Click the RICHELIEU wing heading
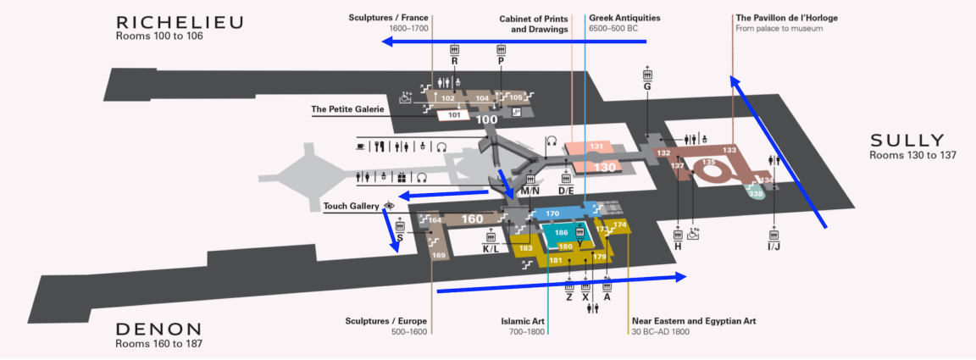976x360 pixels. click(180, 22)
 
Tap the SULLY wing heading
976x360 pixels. click(906, 140)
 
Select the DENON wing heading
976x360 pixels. click(159, 330)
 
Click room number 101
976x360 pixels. click(454, 114)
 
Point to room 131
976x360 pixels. click(596, 147)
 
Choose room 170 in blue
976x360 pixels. click(552, 213)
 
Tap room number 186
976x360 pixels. click(561, 231)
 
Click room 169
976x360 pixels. click(439, 255)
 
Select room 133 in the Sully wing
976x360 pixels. click(729, 150)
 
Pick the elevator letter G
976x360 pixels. click(647, 86)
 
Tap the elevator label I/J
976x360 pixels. click(774, 246)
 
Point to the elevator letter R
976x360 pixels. click(455, 62)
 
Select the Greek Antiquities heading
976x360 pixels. click(624, 17)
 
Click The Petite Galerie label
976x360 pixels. click(347, 109)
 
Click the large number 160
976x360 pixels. click(472, 219)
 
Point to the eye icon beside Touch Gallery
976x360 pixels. click(390, 206)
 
